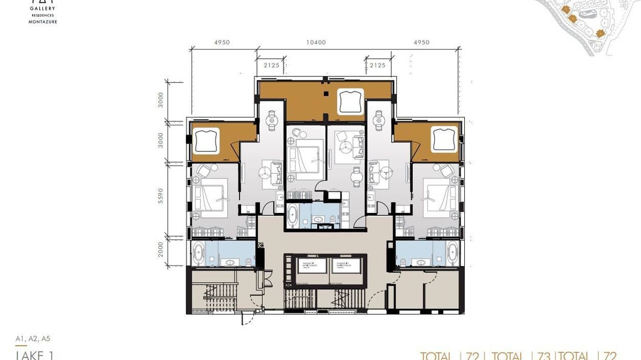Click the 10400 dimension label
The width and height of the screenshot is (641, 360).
pos(316,42)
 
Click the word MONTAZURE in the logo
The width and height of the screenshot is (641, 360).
pos(43,21)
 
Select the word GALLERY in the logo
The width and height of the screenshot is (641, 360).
pos(43,9)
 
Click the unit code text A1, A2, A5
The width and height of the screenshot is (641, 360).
pos(32,339)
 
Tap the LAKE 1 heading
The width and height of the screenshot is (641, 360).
pos(35,355)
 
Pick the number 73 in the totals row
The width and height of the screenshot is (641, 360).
pos(544,356)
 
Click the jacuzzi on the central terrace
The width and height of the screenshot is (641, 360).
pos(351,101)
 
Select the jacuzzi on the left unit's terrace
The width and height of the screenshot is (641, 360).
pos(206,140)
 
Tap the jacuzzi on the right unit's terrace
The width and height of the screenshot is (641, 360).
pos(444,139)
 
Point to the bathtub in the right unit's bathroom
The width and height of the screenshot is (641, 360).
pos(452,253)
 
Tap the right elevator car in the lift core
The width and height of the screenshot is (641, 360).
pos(346,266)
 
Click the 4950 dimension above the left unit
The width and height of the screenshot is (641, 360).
pos(222,42)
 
